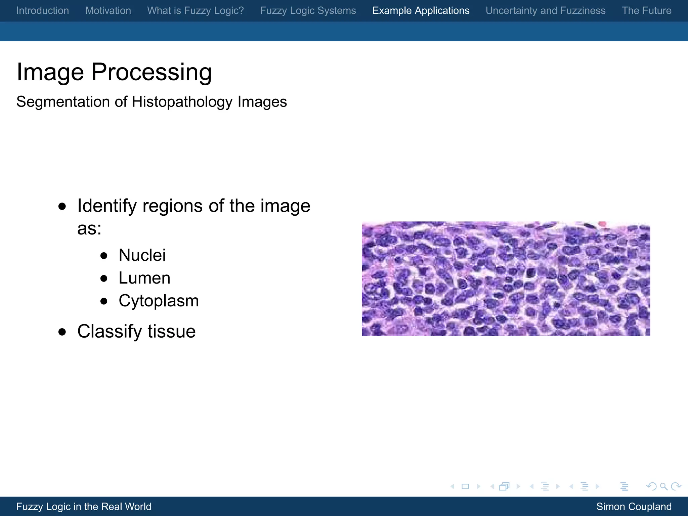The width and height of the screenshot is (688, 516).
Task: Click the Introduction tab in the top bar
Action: [x=43, y=10]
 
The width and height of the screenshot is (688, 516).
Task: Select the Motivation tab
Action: [x=108, y=10]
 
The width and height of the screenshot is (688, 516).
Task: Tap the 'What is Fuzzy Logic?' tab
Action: [x=196, y=10]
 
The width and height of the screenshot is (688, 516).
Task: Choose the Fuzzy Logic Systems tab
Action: [x=308, y=10]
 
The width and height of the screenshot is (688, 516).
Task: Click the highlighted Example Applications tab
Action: [x=421, y=10]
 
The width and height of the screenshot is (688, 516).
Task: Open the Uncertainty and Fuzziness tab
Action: [x=545, y=10]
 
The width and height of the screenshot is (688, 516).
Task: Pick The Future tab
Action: [x=646, y=10]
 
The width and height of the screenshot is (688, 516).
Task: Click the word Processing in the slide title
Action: [x=152, y=72]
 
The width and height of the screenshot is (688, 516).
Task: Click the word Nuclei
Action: [x=142, y=255]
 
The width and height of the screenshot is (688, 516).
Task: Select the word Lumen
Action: [x=144, y=278]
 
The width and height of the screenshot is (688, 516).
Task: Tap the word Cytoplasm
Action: [x=159, y=301]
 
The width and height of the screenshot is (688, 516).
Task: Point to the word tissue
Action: [x=171, y=332]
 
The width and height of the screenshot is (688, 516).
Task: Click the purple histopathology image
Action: [x=506, y=278]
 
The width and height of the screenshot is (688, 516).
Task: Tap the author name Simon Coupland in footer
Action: [x=634, y=507]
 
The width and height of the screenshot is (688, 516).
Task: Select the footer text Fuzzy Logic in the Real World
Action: [x=84, y=507]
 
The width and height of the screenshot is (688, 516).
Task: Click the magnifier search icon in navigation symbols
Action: [x=663, y=486]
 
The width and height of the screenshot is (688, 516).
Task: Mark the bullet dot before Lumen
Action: [x=104, y=278]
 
